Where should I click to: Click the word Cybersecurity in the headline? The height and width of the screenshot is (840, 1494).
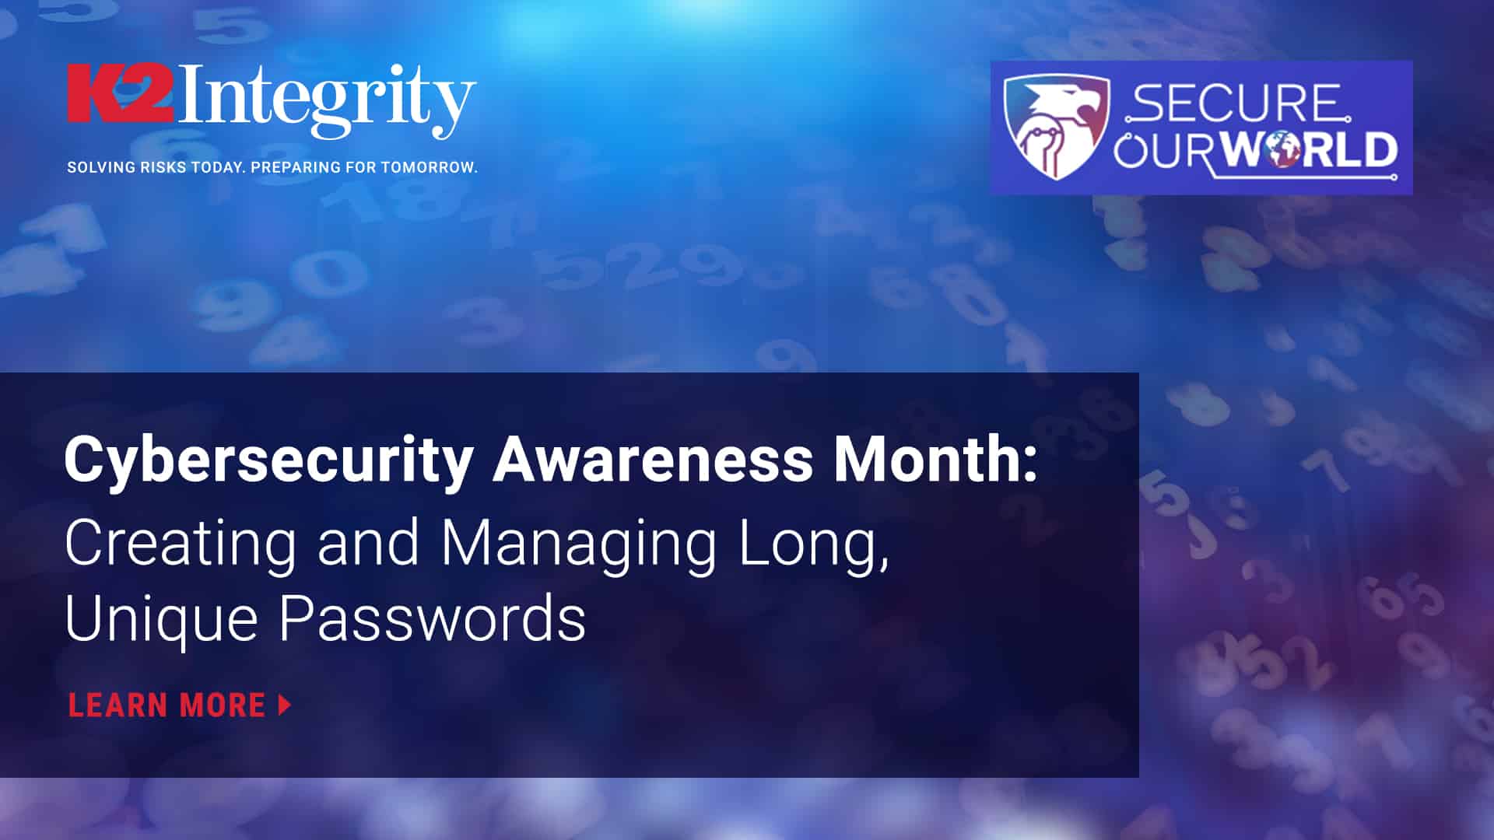click(269, 460)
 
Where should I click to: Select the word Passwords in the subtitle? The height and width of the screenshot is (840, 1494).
click(433, 618)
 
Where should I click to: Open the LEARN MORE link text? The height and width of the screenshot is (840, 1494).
click(167, 705)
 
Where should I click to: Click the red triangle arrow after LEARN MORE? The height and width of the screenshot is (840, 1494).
click(285, 705)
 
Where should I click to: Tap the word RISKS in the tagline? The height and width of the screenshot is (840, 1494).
click(162, 167)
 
